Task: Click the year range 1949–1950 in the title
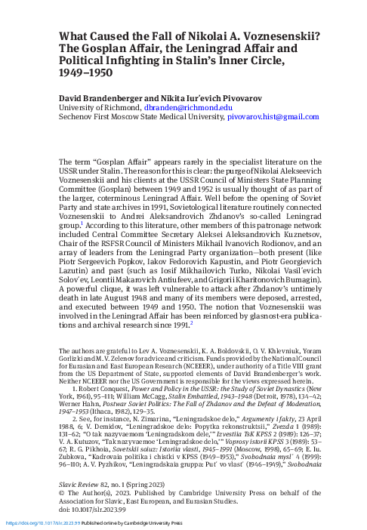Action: click(x=85, y=75)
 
